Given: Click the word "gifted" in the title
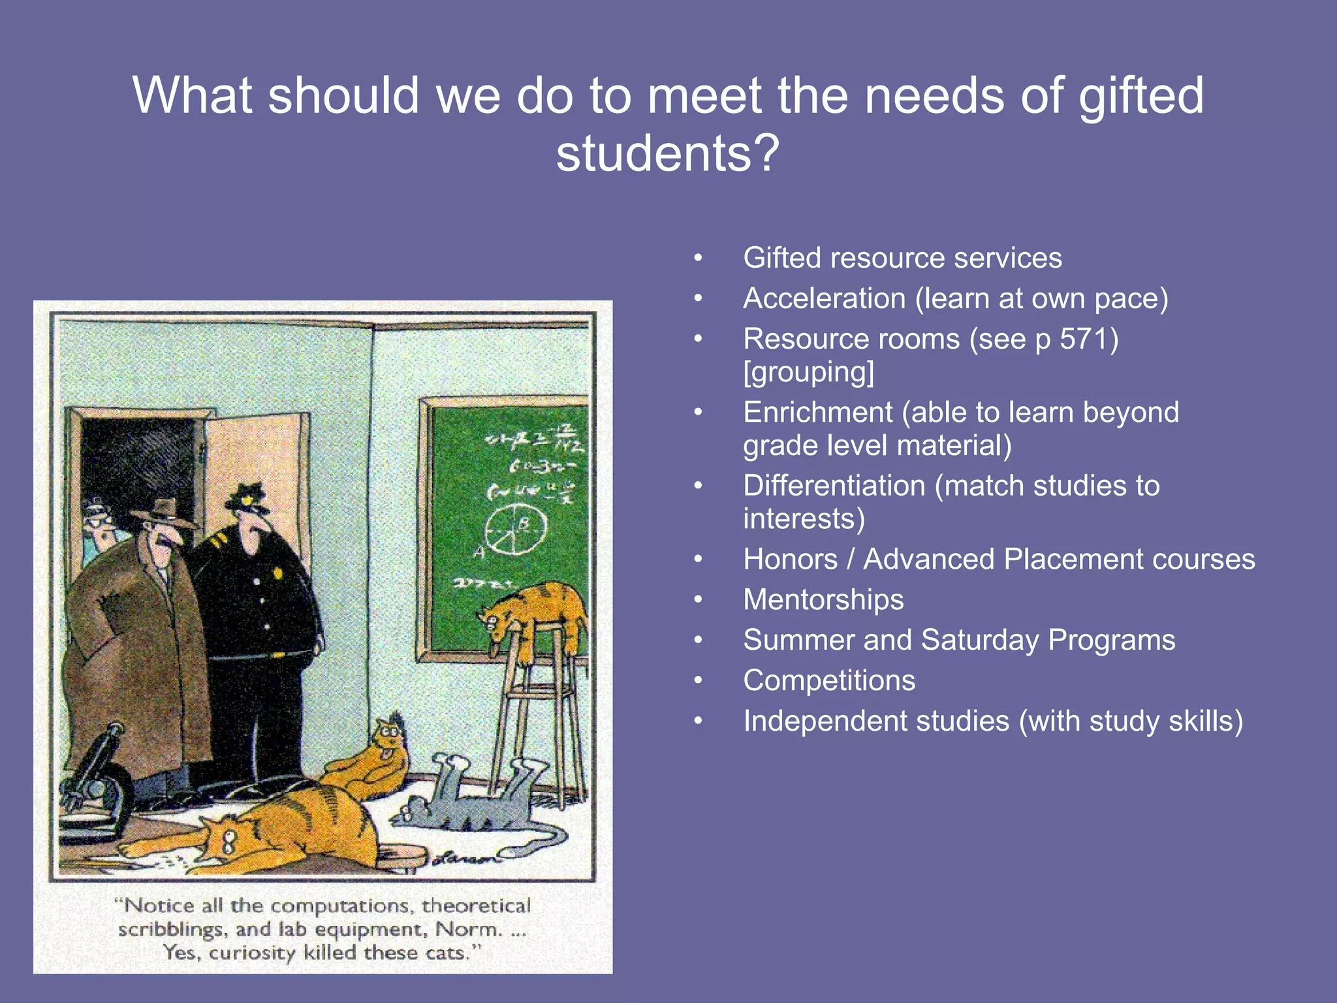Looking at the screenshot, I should pyautogui.click(x=1140, y=96).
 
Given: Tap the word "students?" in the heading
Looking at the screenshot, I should pyautogui.click(x=668, y=154).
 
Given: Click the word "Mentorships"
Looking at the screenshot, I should pyautogui.click(x=823, y=599).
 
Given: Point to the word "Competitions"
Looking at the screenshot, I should pyautogui.click(x=829, y=680).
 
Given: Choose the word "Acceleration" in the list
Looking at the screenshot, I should pyautogui.click(x=824, y=298).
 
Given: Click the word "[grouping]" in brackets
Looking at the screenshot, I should pyautogui.click(x=808, y=372).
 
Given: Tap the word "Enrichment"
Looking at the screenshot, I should pyautogui.click(x=817, y=413).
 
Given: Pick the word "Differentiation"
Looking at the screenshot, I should pyautogui.click(x=834, y=486).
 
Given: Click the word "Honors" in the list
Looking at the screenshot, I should pyautogui.click(x=790, y=560).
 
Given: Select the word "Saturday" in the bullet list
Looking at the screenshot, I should pyautogui.click(x=979, y=640).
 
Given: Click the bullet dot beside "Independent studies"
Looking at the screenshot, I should pyautogui.click(x=698, y=721).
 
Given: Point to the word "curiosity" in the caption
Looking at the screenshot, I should pyautogui.click(x=252, y=953).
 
